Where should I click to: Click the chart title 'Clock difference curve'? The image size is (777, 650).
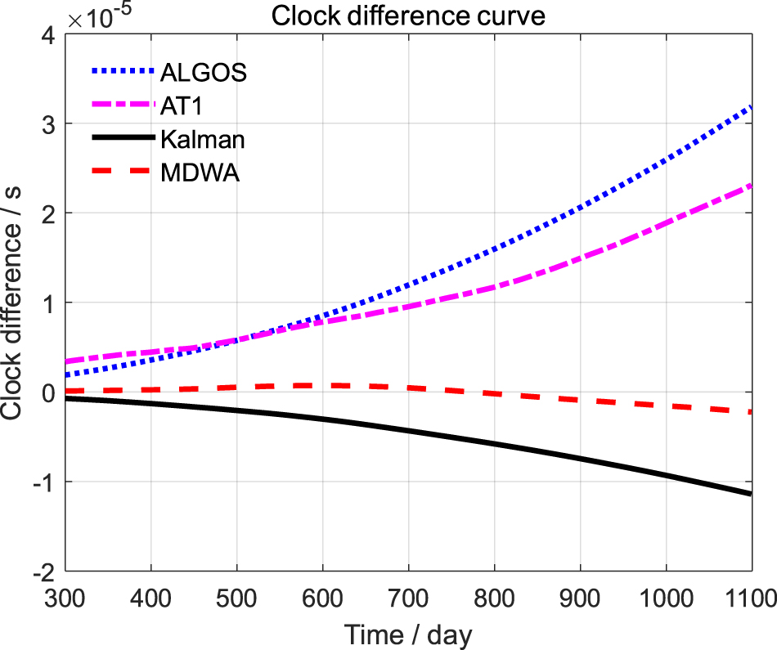(407, 15)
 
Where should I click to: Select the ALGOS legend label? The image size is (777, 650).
(203, 73)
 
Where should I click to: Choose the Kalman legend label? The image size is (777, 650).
(203, 140)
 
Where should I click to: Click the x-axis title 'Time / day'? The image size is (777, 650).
(408, 633)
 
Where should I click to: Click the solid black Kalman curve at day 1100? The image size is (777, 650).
(750, 493)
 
